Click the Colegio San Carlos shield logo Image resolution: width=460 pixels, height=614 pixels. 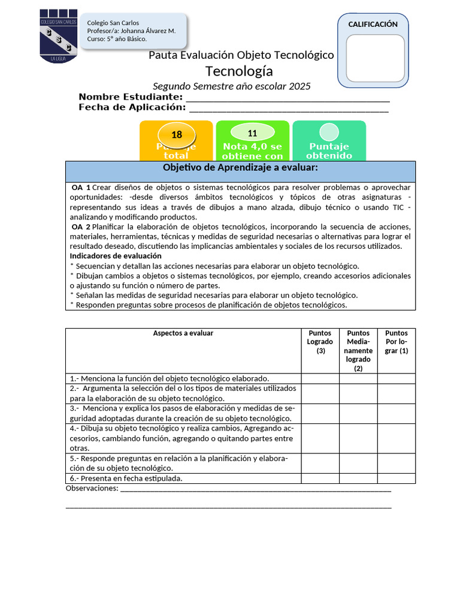pyautogui.click(x=57, y=35)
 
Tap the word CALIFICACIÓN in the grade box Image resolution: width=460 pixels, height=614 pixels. pyautogui.click(x=373, y=25)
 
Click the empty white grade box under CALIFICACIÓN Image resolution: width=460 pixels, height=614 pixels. pyautogui.click(x=373, y=58)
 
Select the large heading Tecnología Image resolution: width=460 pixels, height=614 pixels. pyautogui.click(x=239, y=71)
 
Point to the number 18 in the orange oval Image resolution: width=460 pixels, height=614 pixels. pyautogui.click(x=177, y=135)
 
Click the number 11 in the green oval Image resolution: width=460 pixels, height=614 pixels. pyautogui.click(x=252, y=133)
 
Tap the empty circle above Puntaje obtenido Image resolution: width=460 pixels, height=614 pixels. pyautogui.click(x=329, y=132)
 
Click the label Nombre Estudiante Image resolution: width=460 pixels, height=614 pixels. pyautogui.click(x=131, y=97)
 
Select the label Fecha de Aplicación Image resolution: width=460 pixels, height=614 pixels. pyautogui.click(x=132, y=107)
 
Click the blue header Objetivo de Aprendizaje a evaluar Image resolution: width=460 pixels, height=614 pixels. pyautogui.click(x=240, y=167)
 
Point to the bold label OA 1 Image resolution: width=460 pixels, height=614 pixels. pyautogui.click(x=81, y=188)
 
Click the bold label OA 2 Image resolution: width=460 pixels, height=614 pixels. pyautogui.click(x=81, y=227)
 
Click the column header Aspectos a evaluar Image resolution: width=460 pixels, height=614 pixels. pyautogui.click(x=183, y=333)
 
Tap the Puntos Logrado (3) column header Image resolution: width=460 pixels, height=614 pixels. pyautogui.click(x=320, y=342)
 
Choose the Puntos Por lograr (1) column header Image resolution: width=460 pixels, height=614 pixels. pyautogui.click(x=397, y=342)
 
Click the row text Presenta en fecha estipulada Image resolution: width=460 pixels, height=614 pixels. pyautogui.click(x=126, y=478)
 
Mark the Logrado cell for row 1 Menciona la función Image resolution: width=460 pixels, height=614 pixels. pyautogui.click(x=320, y=378)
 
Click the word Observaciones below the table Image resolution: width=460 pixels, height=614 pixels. pyautogui.click(x=92, y=489)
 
